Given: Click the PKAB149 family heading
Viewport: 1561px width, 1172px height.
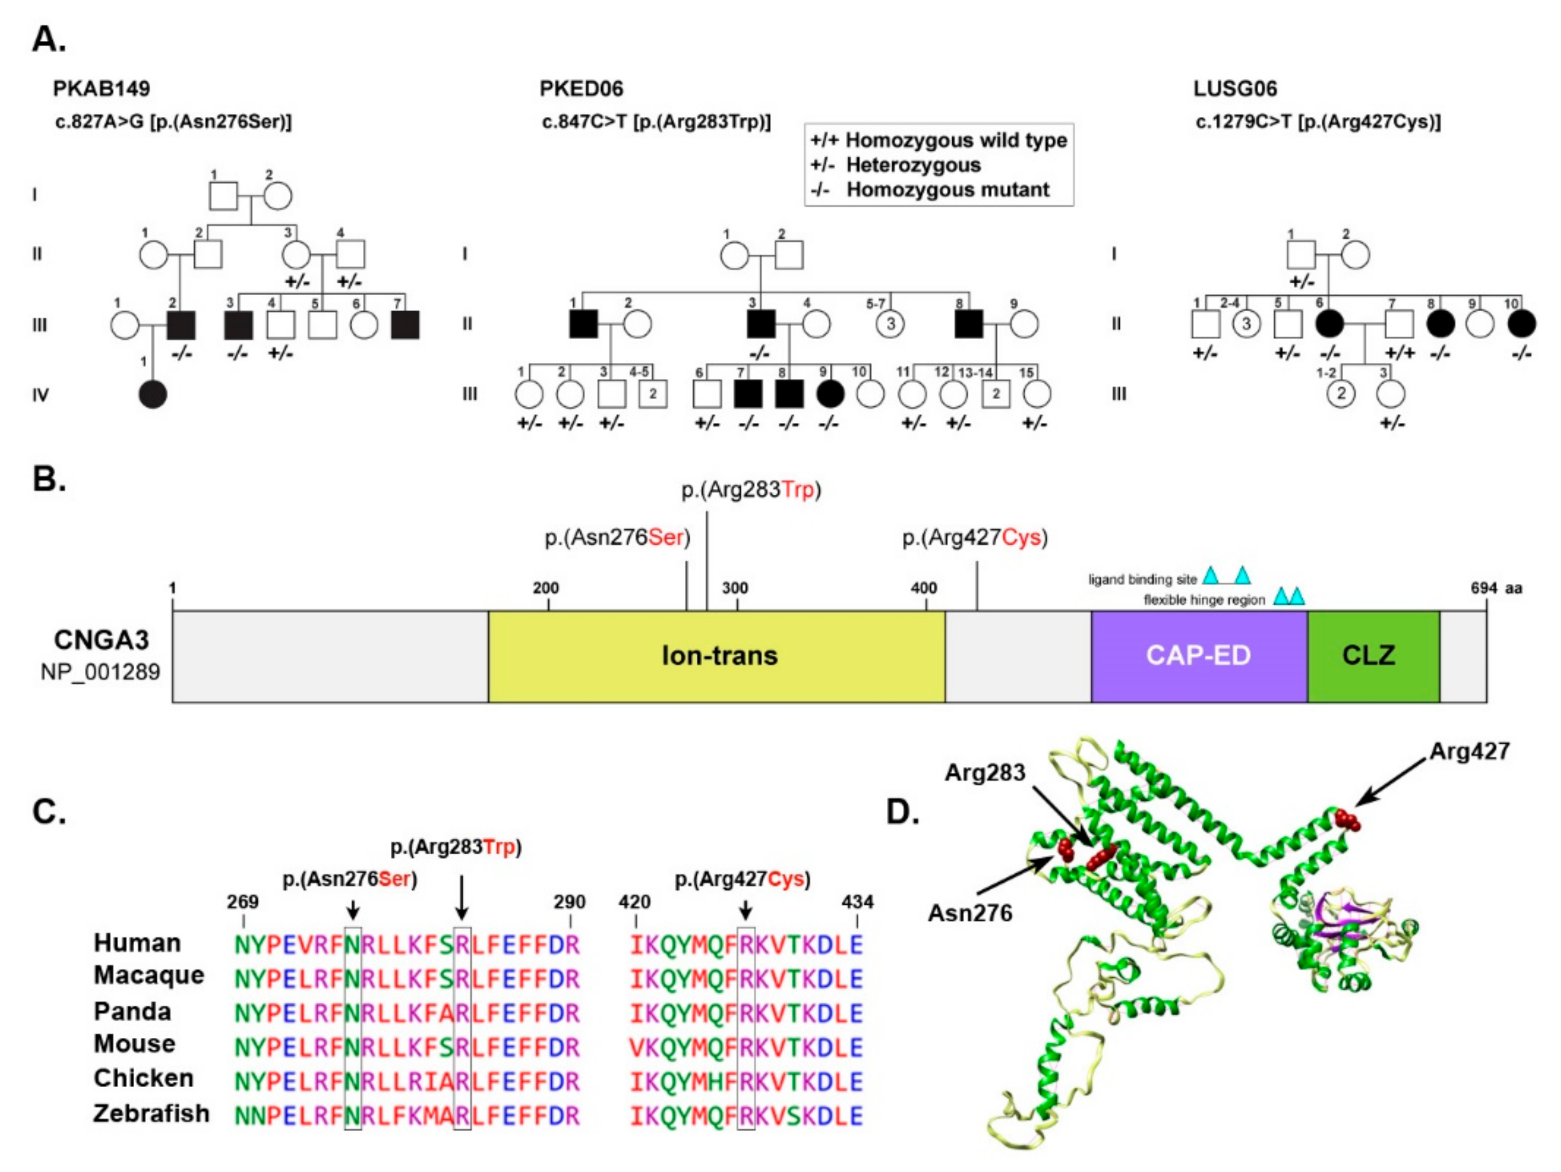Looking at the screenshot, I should [x=101, y=89].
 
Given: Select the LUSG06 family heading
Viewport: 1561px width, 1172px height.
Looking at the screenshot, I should [x=1235, y=89].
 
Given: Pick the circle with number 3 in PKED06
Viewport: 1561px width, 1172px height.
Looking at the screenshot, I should [x=891, y=324].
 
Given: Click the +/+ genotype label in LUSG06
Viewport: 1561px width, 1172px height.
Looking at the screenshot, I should [x=1399, y=352].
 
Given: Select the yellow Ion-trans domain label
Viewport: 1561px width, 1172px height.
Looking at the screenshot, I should [x=719, y=656].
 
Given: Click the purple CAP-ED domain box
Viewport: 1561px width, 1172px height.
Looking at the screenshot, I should [x=1198, y=656].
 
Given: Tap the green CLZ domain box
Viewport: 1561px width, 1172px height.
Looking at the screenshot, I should [x=1368, y=656].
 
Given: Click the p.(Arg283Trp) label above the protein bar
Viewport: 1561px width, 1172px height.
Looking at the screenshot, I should [x=751, y=490].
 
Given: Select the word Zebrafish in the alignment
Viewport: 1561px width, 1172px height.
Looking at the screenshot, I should [x=151, y=1114].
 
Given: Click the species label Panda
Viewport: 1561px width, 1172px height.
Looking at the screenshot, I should [x=132, y=1011].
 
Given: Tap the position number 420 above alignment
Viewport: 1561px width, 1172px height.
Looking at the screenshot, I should [x=634, y=902].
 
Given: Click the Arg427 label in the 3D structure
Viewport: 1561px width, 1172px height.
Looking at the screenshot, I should [x=1469, y=751].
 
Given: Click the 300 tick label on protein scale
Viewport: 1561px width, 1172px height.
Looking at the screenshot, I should [x=735, y=588].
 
